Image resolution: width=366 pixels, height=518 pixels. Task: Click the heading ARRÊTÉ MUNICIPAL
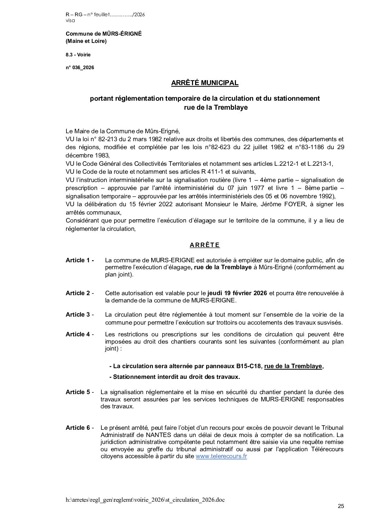coord(205,83)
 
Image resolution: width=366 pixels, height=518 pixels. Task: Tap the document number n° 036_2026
coord(80,68)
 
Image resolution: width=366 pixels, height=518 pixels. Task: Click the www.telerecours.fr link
coord(221,456)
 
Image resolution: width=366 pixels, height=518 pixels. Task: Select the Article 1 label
coord(80,260)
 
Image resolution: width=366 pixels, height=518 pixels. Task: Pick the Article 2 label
coord(80,293)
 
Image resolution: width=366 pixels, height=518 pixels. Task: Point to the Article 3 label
coord(80,315)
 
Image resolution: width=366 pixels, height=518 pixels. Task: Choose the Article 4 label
coord(80,334)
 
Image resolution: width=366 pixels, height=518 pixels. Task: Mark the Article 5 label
coord(80,392)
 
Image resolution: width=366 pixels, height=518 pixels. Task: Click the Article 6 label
coord(80,428)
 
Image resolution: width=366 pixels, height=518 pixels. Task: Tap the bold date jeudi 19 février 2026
coord(237,293)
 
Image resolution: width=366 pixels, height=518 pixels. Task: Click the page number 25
coord(341,507)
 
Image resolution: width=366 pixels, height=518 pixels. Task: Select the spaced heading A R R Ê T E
coord(204,245)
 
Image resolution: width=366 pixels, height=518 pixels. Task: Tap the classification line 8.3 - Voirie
coord(78,55)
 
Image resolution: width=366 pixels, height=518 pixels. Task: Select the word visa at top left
coord(70,20)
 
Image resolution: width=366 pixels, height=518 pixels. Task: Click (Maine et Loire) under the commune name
coord(86,42)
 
